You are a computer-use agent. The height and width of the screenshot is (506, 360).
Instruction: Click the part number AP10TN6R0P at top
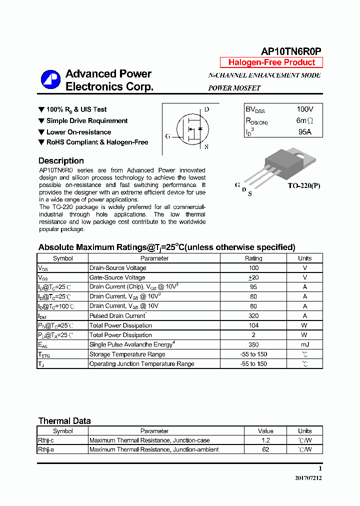tap(291, 51)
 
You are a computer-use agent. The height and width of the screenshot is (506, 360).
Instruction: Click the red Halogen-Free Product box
tap(271, 62)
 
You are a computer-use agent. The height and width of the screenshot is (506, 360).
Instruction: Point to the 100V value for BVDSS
tap(304, 109)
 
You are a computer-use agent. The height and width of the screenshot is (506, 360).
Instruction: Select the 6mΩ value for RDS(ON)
tap(304, 120)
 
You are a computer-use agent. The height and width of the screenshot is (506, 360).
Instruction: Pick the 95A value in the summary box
tap(304, 132)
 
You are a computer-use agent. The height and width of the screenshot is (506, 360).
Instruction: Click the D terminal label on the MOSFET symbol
tap(206, 109)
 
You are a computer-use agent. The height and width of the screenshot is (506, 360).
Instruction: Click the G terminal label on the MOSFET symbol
tap(167, 136)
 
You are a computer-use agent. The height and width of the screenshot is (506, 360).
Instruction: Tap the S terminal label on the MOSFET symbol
tap(206, 147)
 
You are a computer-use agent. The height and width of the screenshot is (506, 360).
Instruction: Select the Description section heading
tap(61, 161)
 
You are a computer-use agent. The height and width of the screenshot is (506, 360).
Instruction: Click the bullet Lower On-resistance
tap(78, 132)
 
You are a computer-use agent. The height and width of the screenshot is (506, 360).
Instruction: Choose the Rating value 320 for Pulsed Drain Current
tap(253, 316)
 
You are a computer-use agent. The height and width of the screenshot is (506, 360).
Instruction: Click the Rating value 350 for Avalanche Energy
tap(253, 344)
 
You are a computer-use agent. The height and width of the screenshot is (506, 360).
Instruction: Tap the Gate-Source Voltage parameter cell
tap(117, 277)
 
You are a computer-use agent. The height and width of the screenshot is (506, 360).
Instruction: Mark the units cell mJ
tap(304, 344)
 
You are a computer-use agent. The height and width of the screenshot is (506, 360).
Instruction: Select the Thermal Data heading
tap(64, 421)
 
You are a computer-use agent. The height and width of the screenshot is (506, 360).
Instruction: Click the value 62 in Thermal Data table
tap(265, 449)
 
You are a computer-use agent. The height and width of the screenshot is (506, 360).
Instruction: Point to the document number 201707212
tap(308, 478)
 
